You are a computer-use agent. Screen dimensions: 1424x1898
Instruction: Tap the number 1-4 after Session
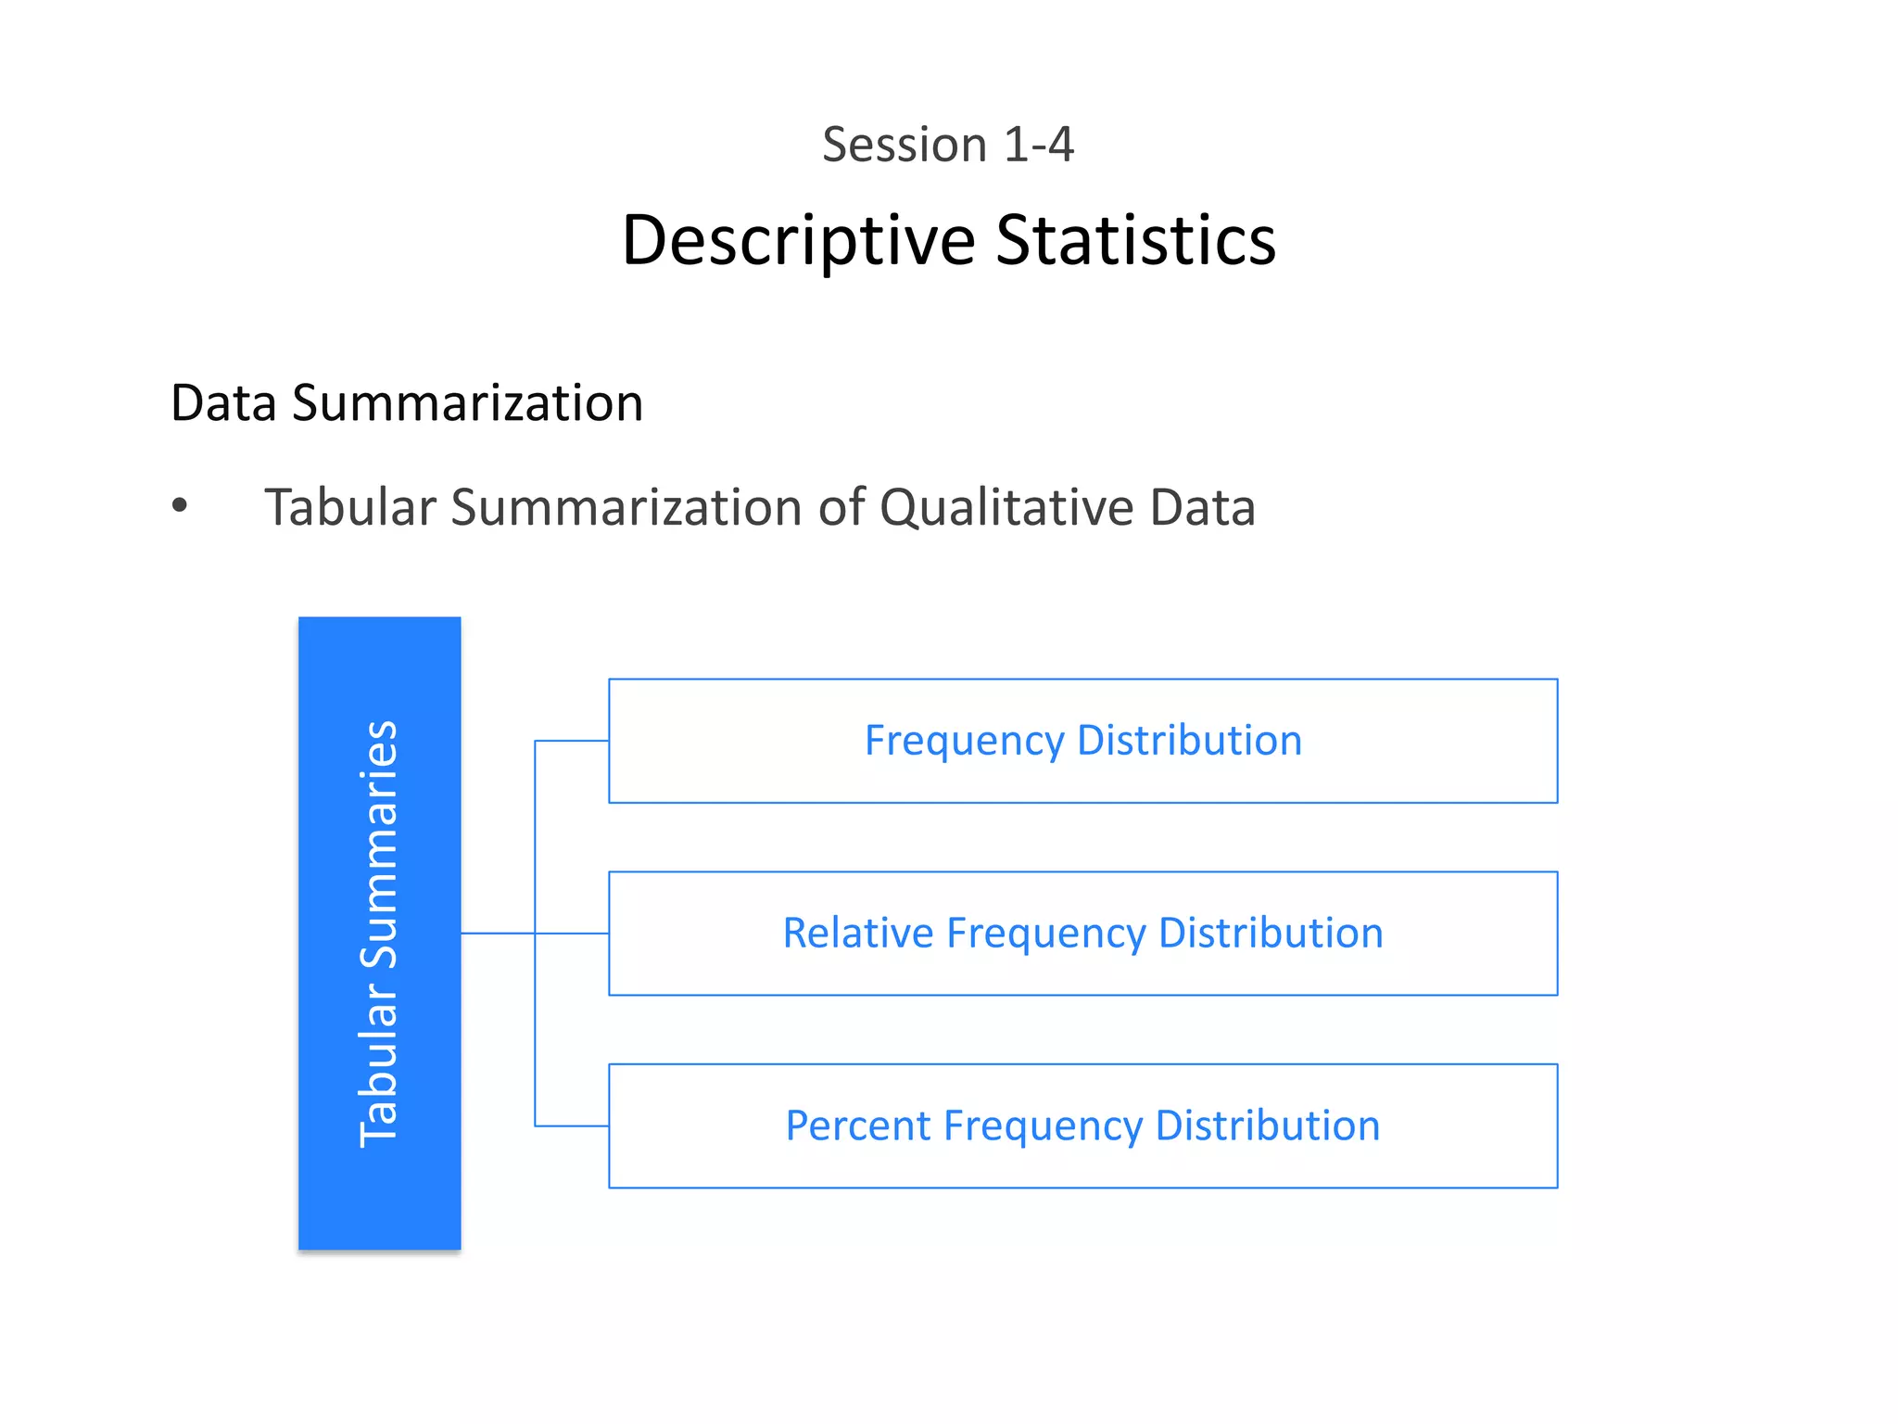pos(1038,146)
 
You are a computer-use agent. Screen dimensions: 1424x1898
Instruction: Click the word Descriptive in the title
pos(798,241)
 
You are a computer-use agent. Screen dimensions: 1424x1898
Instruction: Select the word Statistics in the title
pos(1135,241)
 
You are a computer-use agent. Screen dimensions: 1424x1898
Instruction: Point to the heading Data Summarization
pos(407,403)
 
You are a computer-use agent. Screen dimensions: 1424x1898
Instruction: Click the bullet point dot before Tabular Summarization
pos(180,506)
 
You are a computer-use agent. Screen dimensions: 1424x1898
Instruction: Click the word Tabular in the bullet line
pos(349,508)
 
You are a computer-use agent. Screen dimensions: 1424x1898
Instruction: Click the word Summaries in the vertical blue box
pos(379,844)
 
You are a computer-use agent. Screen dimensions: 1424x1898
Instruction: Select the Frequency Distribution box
pos(1082,779)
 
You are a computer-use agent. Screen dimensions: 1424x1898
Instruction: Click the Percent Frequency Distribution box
pos(1082,1164)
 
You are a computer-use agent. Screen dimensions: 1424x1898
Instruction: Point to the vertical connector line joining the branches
pos(535,1020)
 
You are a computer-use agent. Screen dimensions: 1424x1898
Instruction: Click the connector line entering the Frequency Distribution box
pos(572,741)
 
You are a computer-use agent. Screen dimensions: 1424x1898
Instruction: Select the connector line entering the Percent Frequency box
pos(572,1126)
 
